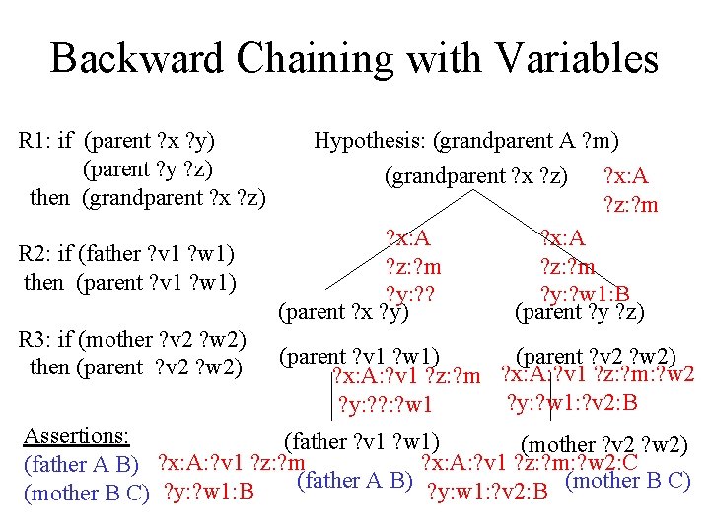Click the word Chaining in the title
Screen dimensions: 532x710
coord(313,58)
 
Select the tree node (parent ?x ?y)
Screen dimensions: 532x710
coord(344,313)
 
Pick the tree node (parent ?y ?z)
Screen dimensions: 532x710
coord(580,313)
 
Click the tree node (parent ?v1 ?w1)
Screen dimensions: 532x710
coord(360,356)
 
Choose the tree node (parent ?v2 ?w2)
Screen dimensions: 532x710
coord(596,356)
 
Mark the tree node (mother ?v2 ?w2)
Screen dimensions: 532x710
coord(603,445)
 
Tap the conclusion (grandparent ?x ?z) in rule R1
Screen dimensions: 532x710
coord(175,197)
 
